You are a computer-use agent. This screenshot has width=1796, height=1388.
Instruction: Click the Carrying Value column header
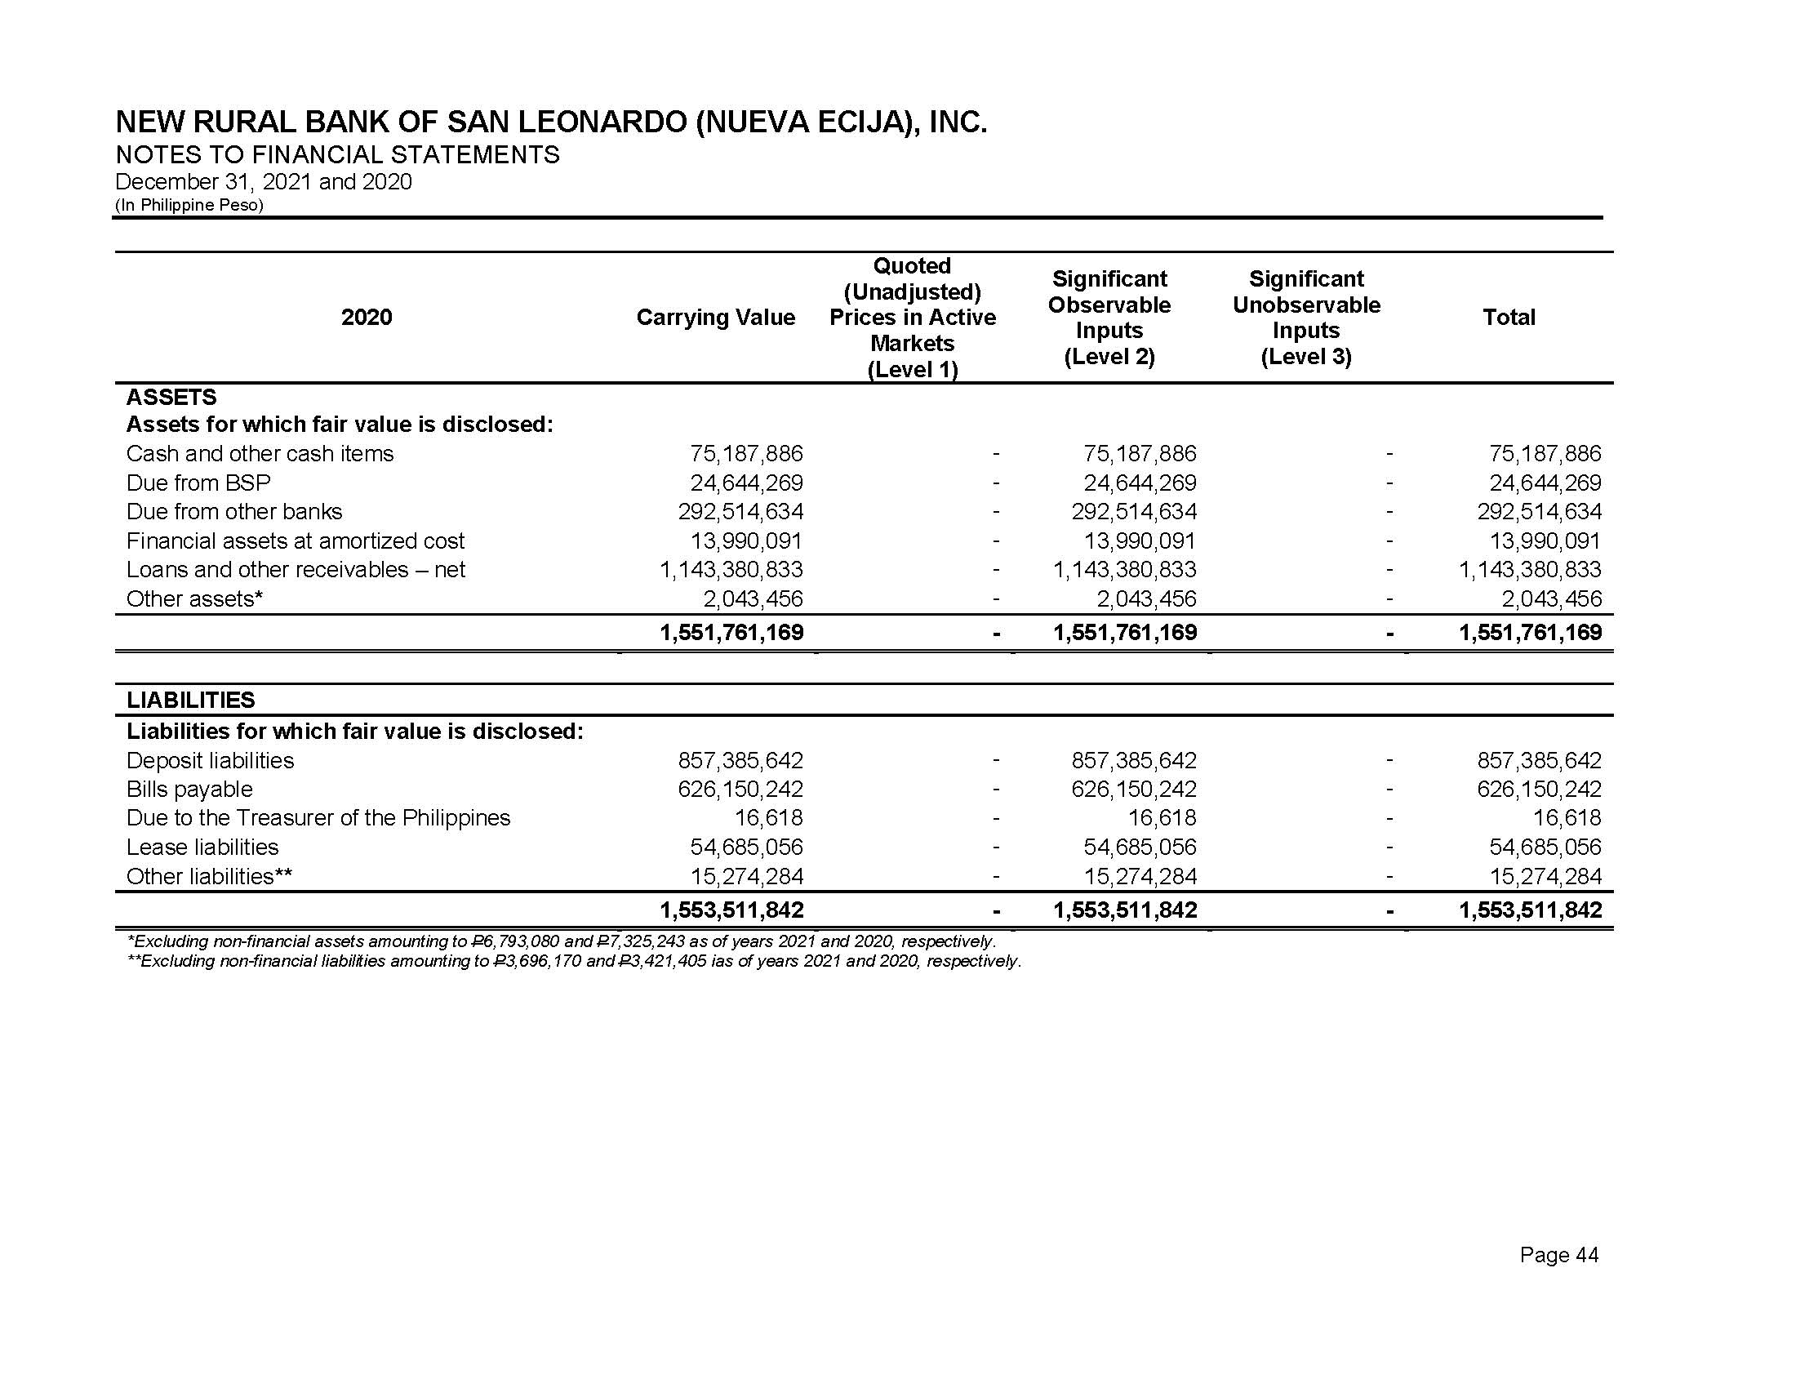(715, 318)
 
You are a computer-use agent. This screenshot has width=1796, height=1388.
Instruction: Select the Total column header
(1508, 318)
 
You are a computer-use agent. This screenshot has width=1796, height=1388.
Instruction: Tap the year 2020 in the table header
(367, 318)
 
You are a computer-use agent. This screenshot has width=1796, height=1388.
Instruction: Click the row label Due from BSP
(198, 483)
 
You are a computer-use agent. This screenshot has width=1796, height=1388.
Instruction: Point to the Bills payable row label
(189, 790)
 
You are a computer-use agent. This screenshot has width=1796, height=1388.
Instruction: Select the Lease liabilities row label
(202, 847)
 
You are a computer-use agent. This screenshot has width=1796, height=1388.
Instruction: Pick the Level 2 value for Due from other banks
(1133, 511)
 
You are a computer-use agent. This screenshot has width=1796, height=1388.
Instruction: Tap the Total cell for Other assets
(1551, 598)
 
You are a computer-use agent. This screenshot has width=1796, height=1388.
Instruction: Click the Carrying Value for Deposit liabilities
(740, 761)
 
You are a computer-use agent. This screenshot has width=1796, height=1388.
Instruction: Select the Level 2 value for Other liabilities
(1140, 877)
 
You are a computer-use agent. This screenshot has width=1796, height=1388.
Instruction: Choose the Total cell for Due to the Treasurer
(1567, 818)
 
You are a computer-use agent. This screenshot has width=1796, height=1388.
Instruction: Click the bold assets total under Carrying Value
(732, 632)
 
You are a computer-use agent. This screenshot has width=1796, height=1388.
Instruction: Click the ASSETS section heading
(171, 397)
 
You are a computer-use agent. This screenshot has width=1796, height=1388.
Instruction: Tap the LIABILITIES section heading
(191, 701)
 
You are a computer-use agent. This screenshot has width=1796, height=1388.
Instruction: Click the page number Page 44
(1559, 1255)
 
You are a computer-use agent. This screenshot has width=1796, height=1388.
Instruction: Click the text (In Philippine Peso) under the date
(189, 205)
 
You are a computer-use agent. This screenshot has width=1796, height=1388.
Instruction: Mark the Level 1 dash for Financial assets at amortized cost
(996, 541)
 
